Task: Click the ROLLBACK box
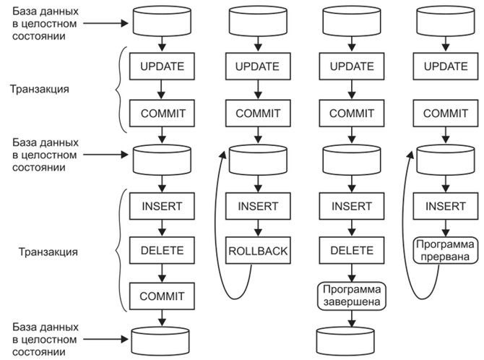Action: [258, 250]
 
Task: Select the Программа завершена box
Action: [352, 296]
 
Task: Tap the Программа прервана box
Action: [446, 250]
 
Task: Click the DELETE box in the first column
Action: [162, 250]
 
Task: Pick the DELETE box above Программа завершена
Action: [352, 250]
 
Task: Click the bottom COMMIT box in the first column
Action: [162, 296]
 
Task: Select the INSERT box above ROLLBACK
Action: [258, 206]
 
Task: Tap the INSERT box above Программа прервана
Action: [446, 206]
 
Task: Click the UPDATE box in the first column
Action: [162, 66]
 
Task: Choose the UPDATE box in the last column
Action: [446, 66]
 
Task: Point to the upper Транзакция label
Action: [40, 89]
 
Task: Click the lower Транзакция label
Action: [48, 252]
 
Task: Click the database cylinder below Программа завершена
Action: [345, 341]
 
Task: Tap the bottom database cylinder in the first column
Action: [160, 341]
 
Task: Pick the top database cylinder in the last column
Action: [446, 21]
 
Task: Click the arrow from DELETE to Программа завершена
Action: [352, 273]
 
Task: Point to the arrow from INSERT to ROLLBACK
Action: [258, 228]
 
